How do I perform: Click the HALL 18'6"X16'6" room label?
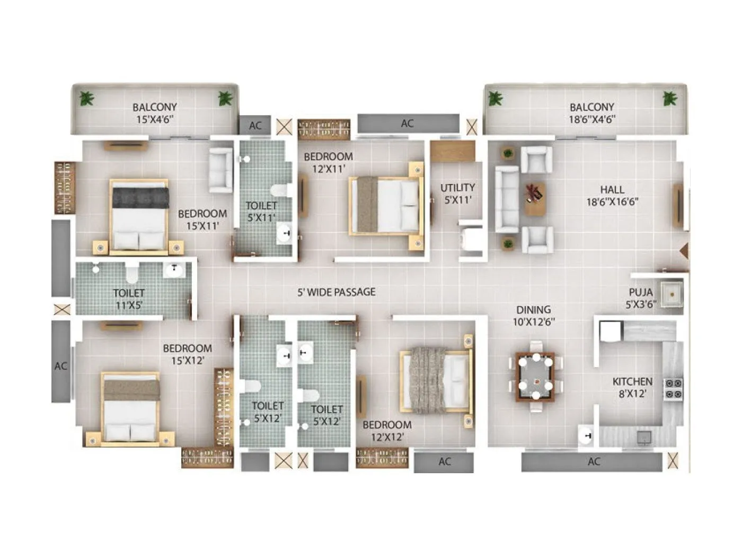coord(612,195)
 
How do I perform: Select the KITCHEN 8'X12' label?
coord(632,387)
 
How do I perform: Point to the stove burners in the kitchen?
coord(673,388)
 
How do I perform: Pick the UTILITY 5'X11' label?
coord(457,193)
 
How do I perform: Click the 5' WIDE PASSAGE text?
coord(337,292)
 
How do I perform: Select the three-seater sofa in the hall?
coord(506,199)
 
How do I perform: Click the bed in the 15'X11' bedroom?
coord(139,216)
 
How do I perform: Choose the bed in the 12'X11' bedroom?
coord(385,204)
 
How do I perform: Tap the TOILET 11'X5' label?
coord(129,299)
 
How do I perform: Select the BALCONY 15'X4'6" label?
coord(155,113)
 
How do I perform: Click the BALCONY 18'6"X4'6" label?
coord(592,113)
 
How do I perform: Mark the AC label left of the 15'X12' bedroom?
coord(61,365)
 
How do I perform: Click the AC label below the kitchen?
coord(594,462)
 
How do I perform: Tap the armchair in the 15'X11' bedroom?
coord(220,170)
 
